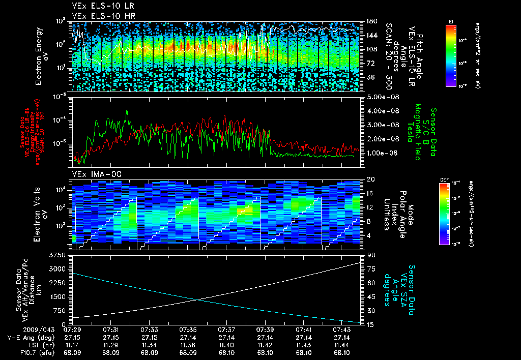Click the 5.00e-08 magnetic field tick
381,97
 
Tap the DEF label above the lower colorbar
443,180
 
